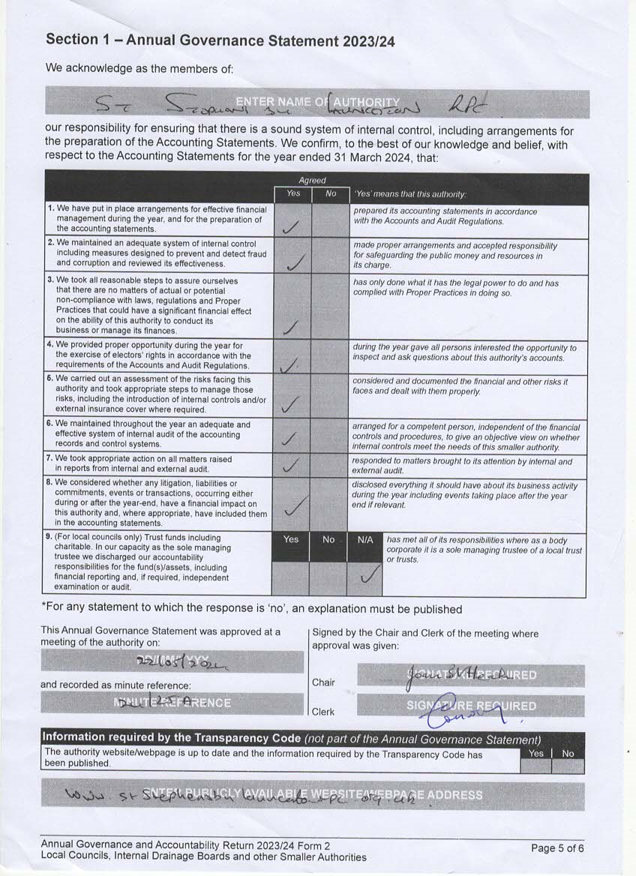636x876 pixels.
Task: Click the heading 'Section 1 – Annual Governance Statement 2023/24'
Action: tap(220, 40)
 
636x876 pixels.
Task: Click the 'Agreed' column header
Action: tap(312, 180)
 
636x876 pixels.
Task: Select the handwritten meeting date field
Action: tap(172, 661)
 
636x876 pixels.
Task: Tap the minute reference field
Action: tap(172, 703)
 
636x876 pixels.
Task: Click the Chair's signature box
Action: tap(470, 675)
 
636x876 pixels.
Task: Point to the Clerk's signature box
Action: tap(470, 706)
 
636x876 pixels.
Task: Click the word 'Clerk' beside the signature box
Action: tap(324, 712)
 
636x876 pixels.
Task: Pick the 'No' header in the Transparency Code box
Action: tap(568, 753)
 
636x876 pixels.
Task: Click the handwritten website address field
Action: tap(313, 794)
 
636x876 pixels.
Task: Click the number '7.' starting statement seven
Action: tap(50, 458)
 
